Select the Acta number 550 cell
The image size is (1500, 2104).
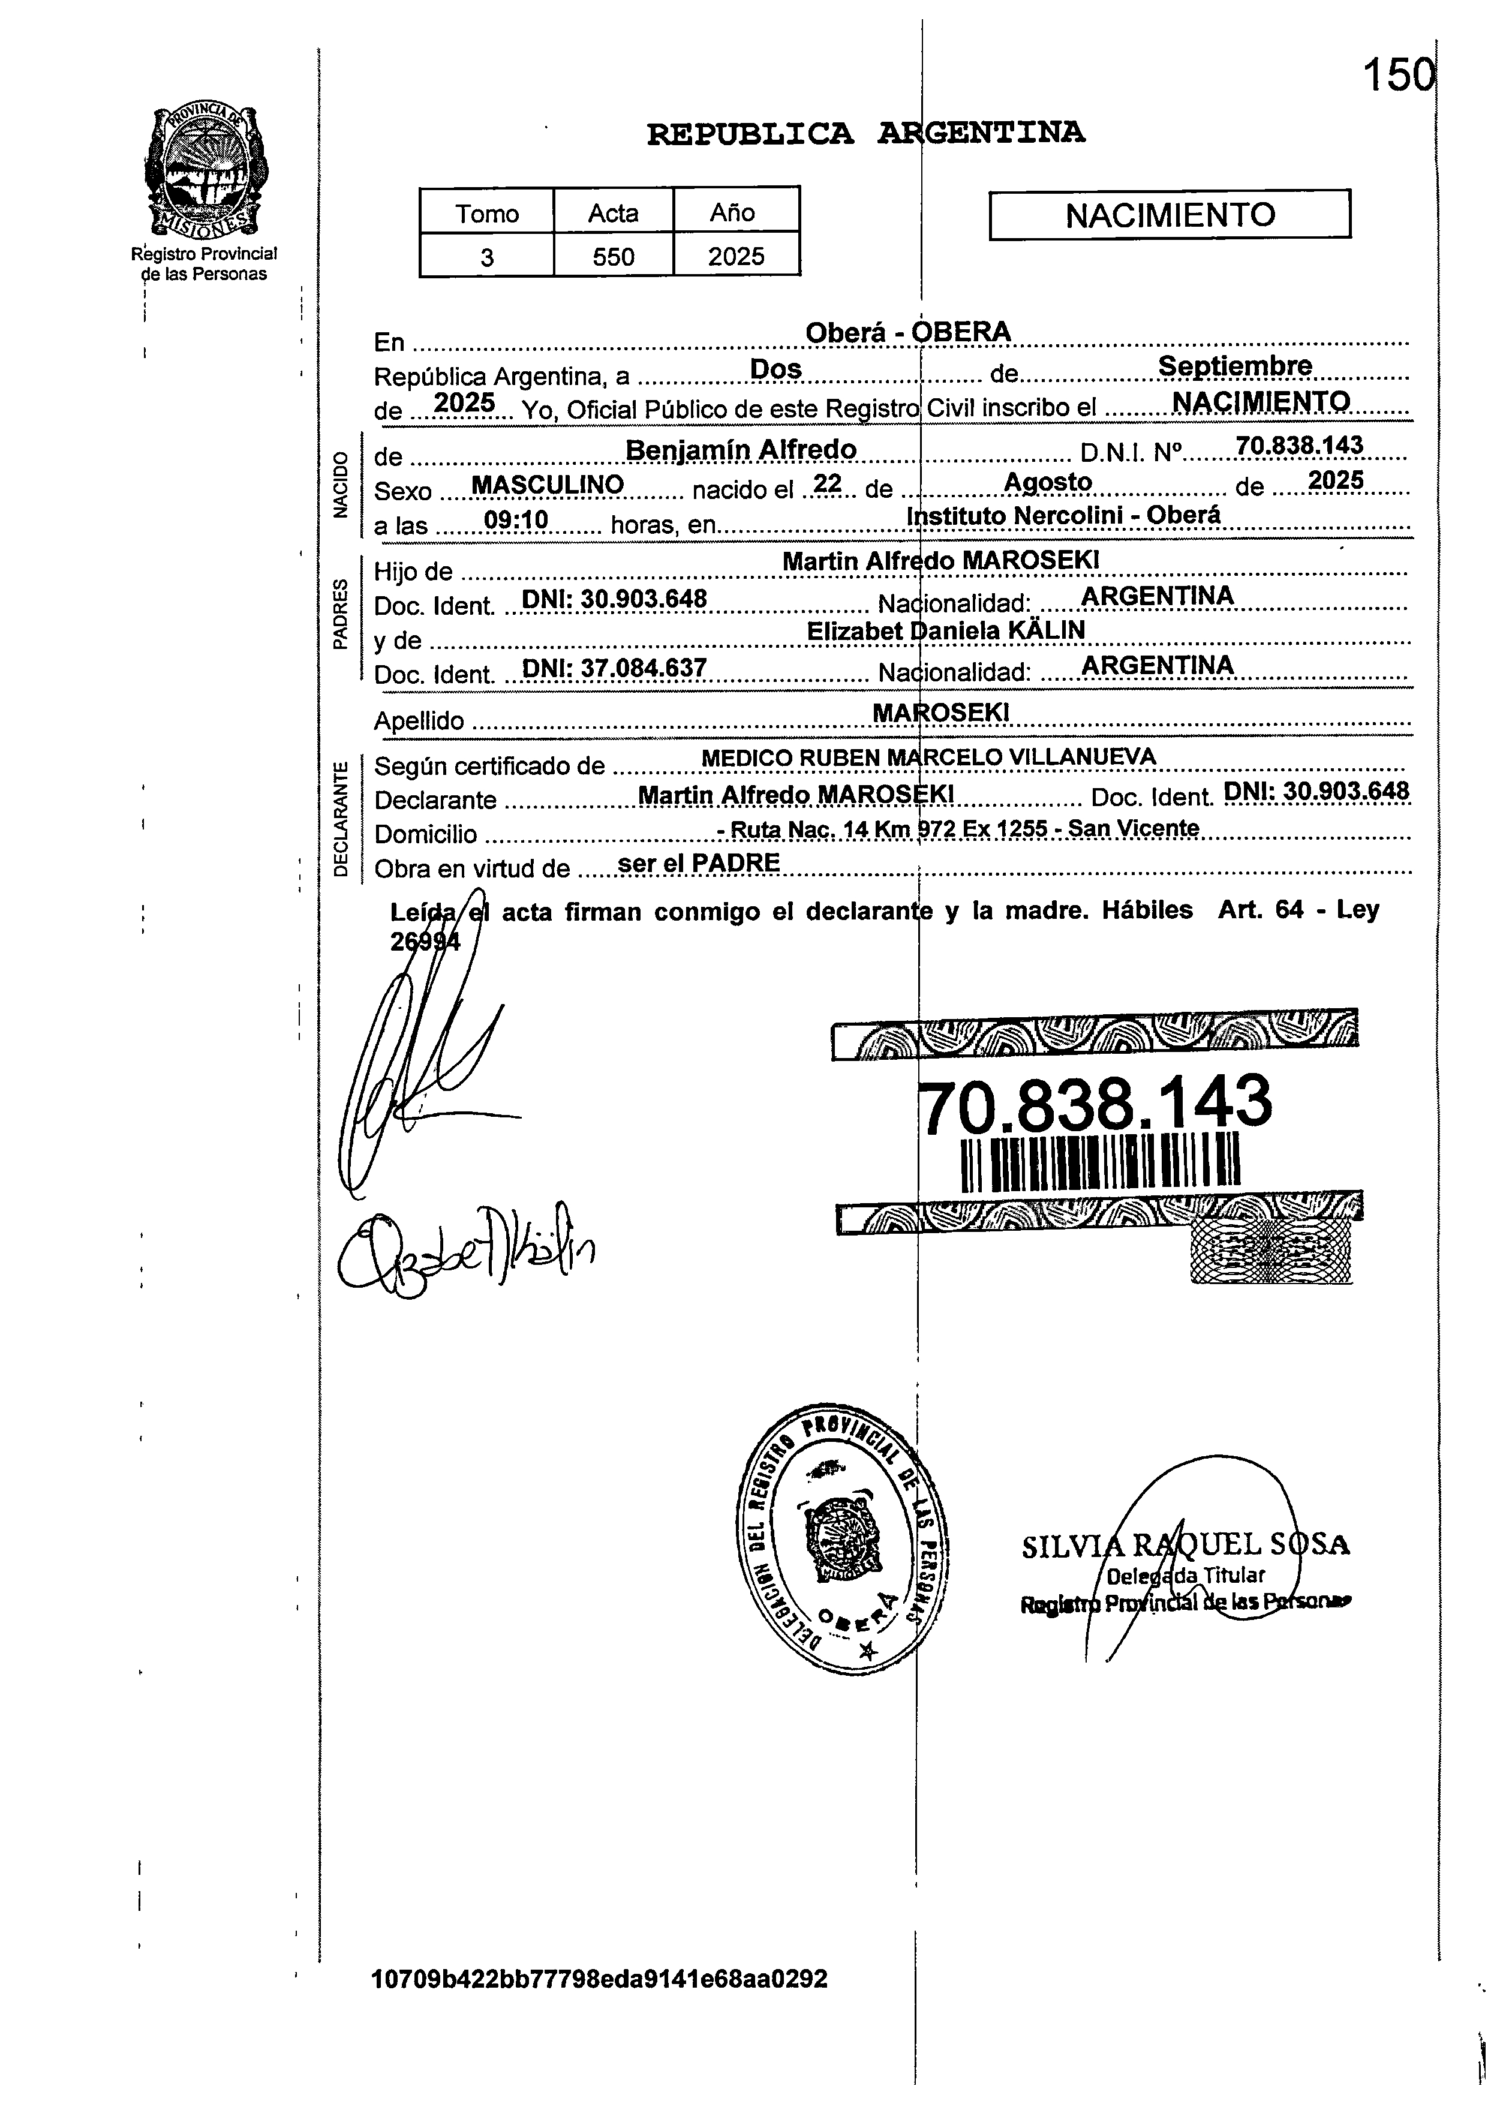614,256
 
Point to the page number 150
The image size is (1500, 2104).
1399,75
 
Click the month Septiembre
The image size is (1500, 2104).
1235,366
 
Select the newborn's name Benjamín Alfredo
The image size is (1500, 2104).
741,450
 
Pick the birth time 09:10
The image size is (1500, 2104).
516,521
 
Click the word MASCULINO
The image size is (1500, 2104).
548,485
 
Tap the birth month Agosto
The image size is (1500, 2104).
1047,482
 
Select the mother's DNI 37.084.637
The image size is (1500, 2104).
614,667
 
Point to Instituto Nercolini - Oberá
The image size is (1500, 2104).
1064,515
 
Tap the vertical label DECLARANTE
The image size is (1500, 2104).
341,818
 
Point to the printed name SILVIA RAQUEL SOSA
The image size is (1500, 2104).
1186,1544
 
